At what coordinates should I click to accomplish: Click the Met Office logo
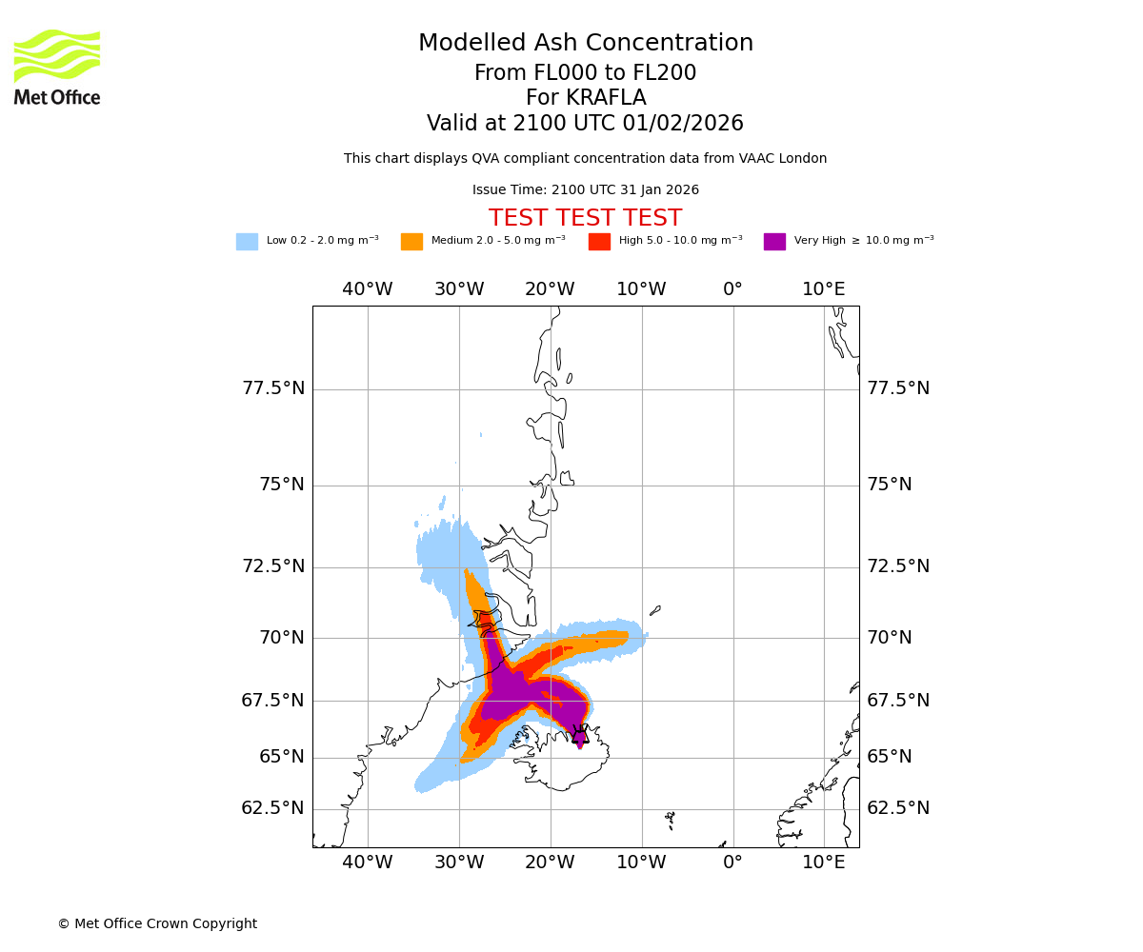[57, 67]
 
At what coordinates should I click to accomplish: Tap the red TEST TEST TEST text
[585, 218]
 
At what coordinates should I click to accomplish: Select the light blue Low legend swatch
[247, 242]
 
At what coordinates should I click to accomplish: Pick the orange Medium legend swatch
[411, 242]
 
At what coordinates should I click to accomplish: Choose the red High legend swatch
[599, 242]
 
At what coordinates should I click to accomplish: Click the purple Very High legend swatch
[774, 242]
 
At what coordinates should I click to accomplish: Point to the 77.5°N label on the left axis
[273, 388]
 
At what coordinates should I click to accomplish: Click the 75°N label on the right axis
[889, 485]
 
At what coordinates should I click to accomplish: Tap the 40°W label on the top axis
[368, 289]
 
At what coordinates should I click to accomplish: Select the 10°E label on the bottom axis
[824, 863]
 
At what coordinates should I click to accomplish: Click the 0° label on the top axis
[732, 289]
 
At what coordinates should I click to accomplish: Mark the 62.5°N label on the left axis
[273, 808]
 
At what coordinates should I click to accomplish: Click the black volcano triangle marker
[580, 735]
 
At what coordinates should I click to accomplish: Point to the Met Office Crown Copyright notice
[157, 923]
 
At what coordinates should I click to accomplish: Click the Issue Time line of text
[585, 190]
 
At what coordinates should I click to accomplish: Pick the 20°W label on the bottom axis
[550, 863]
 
